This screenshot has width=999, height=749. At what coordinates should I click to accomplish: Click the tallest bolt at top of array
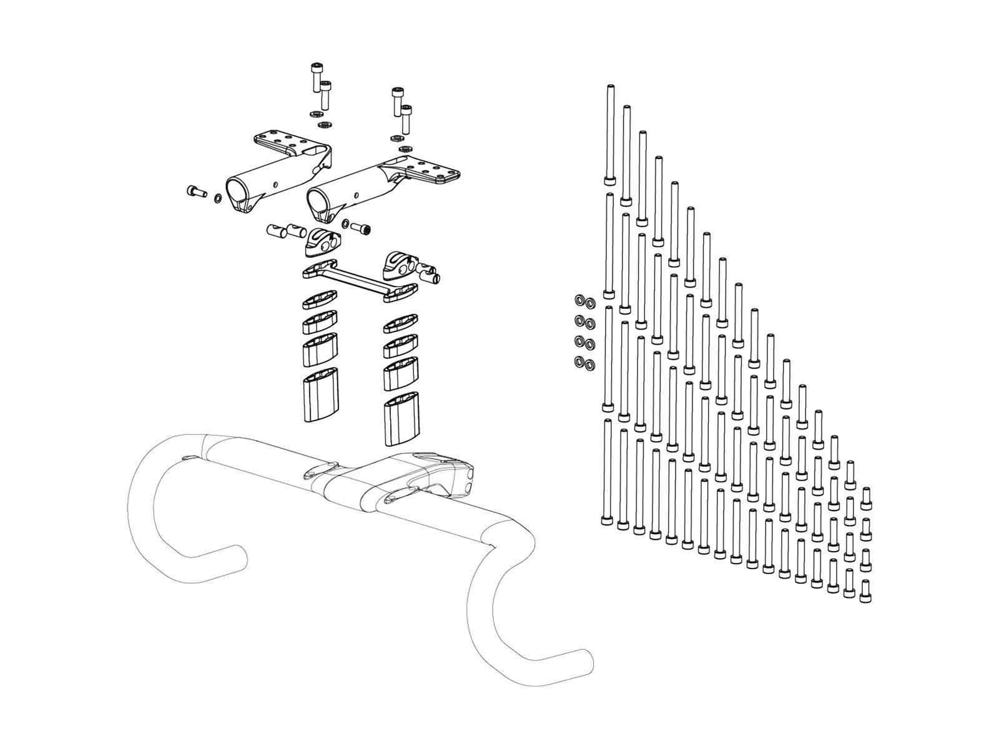[x=609, y=134]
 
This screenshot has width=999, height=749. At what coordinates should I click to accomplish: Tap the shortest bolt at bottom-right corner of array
[x=865, y=590]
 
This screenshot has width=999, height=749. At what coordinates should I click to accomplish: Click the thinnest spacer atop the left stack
[x=319, y=302]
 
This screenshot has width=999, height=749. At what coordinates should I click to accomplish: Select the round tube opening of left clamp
[x=237, y=189]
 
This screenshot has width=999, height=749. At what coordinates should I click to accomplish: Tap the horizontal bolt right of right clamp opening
[x=361, y=228]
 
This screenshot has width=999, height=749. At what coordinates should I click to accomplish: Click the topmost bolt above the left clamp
[x=317, y=77]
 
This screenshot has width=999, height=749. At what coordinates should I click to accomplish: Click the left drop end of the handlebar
[x=240, y=554]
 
